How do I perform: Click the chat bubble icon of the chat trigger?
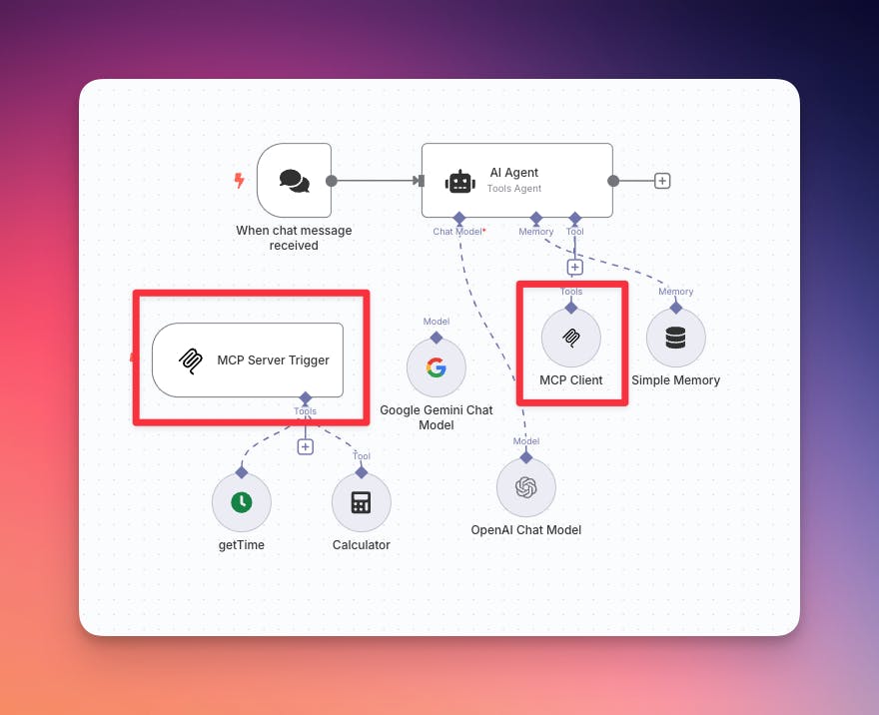coord(294,181)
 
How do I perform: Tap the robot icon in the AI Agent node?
coord(459,181)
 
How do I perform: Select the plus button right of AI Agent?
coord(662,181)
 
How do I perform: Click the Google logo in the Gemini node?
coord(437,367)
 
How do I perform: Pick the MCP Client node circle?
coord(571,338)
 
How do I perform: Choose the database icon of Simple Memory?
coord(676,338)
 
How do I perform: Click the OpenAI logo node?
coord(526,487)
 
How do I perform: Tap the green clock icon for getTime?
coord(242,502)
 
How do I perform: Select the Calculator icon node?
coord(362,502)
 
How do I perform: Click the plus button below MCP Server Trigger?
coord(306,446)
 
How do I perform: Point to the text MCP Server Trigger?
coord(273,360)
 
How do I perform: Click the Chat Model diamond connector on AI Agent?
coord(458,217)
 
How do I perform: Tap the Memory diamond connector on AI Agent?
coord(536,217)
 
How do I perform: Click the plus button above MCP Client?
coord(574,267)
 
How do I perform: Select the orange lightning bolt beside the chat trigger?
coord(239,181)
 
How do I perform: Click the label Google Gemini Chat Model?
coord(437,417)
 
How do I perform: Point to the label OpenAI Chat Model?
coord(526,530)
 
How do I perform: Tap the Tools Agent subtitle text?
coord(514,188)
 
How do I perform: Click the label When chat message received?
coord(294,238)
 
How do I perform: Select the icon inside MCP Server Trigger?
coord(190,360)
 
